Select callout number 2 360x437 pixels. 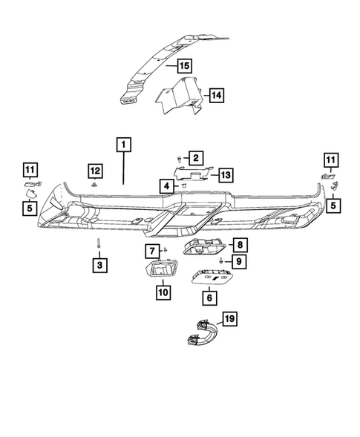[x=195, y=157]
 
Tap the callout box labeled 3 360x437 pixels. [x=99, y=263]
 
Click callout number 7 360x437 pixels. [x=151, y=252]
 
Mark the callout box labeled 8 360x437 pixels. [x=240, y=244]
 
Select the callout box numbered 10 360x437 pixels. [x=162, y=292]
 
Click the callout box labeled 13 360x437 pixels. [x=226, y=174]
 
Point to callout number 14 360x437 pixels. [x=216, y=95]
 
